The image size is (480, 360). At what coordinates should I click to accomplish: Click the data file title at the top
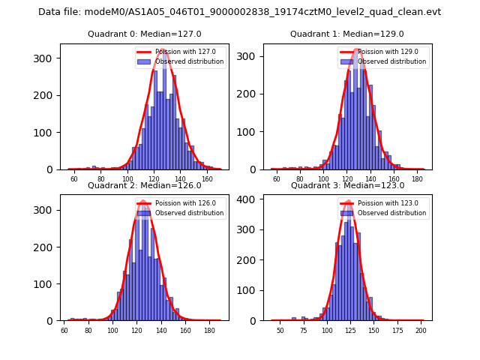point(239,12)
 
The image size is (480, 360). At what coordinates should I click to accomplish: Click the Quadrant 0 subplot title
point(144,34)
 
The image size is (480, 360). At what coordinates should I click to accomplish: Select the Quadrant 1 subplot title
point(346,34)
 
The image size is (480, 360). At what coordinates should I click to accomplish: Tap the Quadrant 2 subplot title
point(144,185)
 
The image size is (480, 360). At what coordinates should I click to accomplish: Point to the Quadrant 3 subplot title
point(346,185)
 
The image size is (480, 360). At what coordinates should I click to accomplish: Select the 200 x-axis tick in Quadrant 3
point(421,331)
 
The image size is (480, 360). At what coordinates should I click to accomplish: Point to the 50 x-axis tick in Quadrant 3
point(280,331)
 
